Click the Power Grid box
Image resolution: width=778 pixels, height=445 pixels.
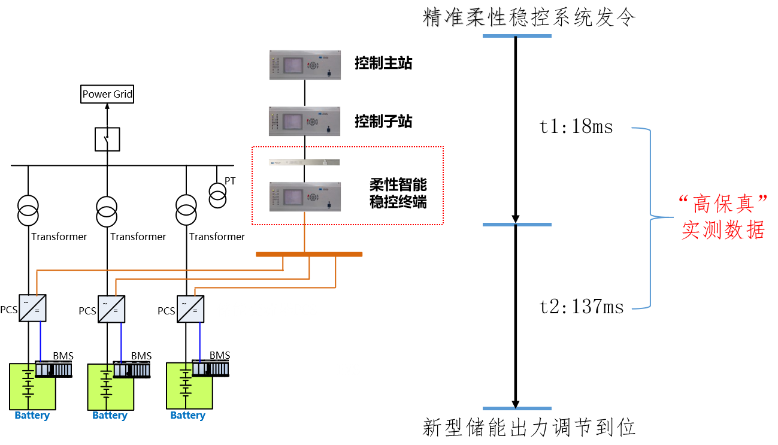pyautogui.click(x=107, y=94)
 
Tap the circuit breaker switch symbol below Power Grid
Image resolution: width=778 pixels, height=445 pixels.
pyautogui.click(x=107, y=139)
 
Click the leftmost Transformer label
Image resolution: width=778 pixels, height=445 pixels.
pyautogui.click(x=59, y=237)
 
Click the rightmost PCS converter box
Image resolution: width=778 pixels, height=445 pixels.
pyautogui.click(x=190, y=309)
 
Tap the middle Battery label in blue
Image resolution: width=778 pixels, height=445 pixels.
pyautogui.click(x=110, y=416)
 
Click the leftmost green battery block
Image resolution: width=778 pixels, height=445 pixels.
pyautogui.click(x=24, y=386)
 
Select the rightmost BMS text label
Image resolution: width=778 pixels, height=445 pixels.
pyautogui.click(x=219, y=355)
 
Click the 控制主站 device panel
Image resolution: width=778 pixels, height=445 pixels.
pyautogui.click(x=305, y=65)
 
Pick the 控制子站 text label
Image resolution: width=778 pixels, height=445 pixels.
pyautogui.click(x=383, y=122)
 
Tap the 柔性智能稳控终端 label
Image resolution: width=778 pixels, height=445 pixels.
pyautogui.click(x=398, y=193)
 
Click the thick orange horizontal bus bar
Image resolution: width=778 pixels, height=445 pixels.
pyautogui.click(x=309, y=255)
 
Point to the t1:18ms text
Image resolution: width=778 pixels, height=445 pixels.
pyautogui.click(x=576, y=128)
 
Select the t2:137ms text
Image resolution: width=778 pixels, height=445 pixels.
pyautogui.click(x=582, y=307)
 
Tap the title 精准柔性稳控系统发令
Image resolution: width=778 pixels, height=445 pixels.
pyautogui.click(x=529, y=18)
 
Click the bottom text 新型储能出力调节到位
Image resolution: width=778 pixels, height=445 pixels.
pyautogui.click(x=529, y=428)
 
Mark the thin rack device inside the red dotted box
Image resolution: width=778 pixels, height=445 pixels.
pyautogui.click(x=305, y=162)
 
